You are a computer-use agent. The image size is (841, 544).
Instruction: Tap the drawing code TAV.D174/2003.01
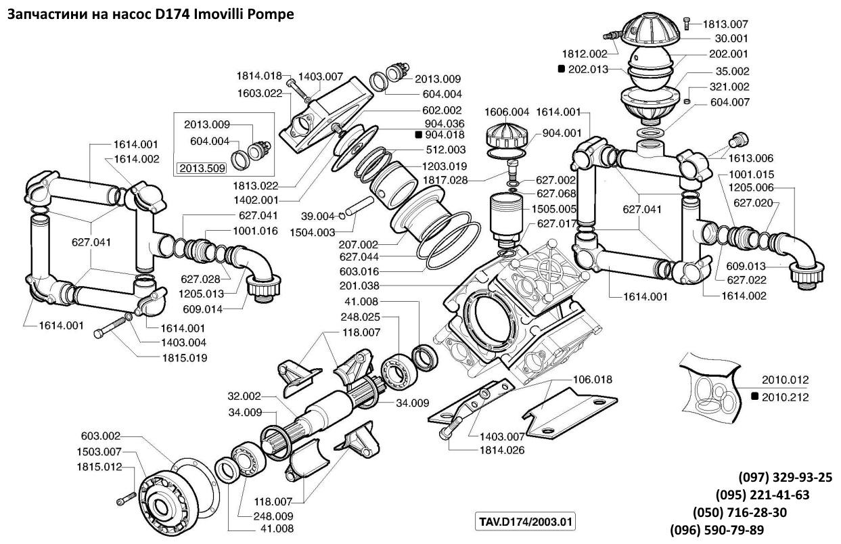(x=527, y=523)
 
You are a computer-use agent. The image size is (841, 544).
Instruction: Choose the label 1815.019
(x=184, y=357)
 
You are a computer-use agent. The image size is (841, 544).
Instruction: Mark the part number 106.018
(x=593, y=380)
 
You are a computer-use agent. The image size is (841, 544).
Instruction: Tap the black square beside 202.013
(x=561, y=69)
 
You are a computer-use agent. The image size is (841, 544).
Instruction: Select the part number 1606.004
(x=507, y=112)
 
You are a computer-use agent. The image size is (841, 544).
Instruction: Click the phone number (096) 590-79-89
(x=717, y=529)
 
